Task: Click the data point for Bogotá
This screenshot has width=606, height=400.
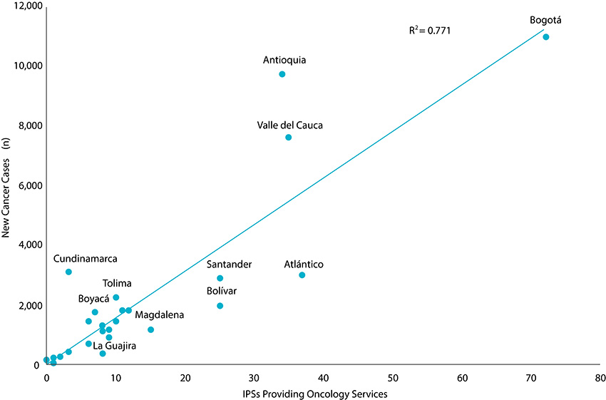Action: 546,37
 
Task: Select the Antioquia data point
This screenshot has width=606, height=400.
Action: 282,74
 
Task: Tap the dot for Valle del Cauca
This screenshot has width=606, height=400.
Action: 289,138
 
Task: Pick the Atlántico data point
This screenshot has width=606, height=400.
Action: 302,275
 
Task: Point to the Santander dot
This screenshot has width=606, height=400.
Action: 220,278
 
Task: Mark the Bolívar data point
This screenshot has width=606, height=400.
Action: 220,306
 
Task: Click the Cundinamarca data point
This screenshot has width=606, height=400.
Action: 68,272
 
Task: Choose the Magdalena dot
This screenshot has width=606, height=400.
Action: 150,329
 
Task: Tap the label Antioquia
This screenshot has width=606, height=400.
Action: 284,60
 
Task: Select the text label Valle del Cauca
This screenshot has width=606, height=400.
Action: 290,125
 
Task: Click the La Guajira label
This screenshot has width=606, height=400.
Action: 115,346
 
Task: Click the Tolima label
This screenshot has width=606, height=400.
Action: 117,283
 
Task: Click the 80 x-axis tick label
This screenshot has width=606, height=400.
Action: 600,377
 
